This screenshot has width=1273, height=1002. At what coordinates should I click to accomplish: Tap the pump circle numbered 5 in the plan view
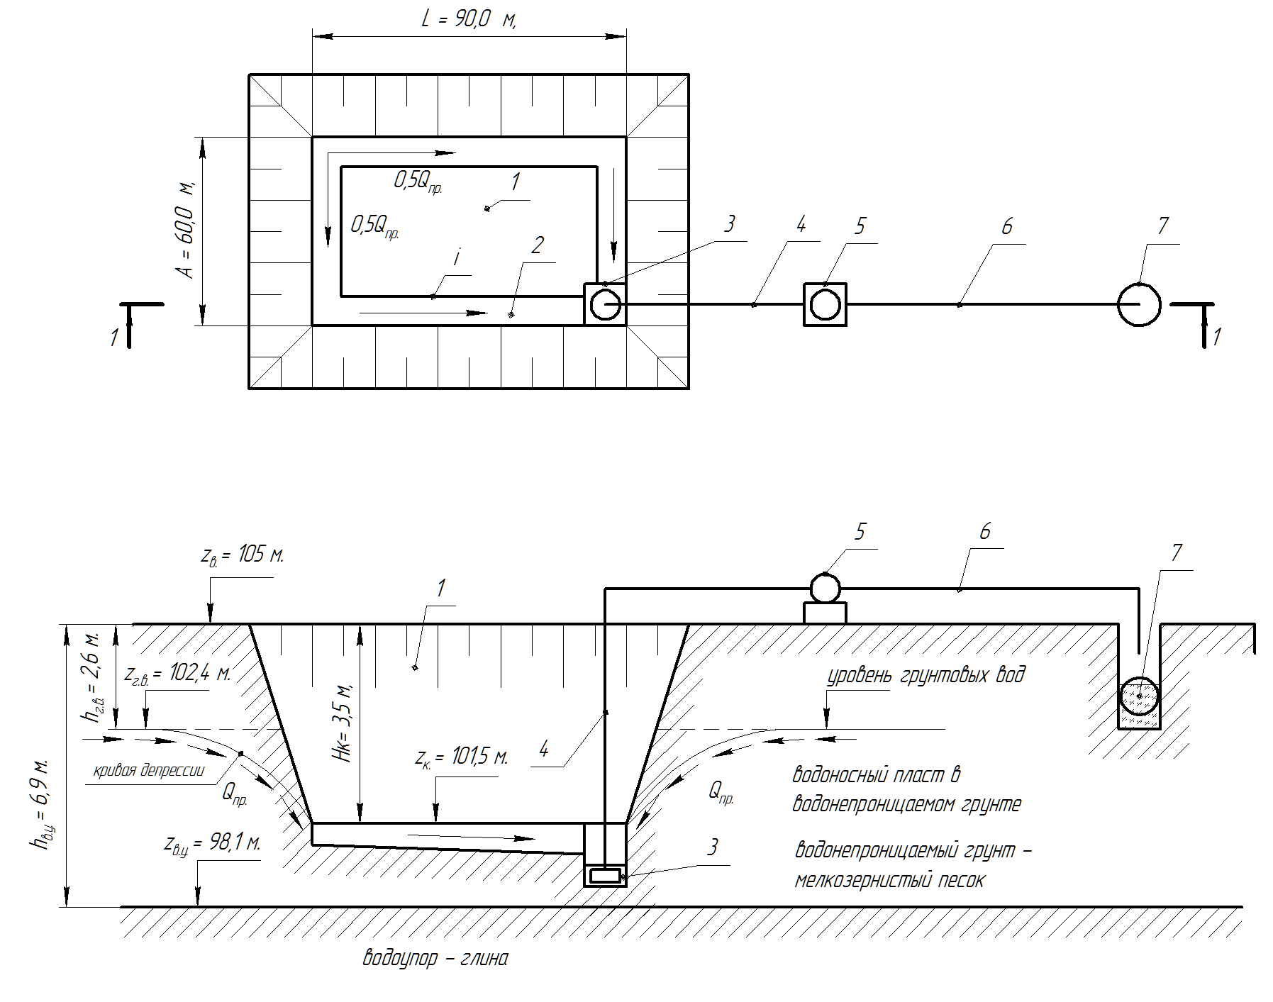point(825,304)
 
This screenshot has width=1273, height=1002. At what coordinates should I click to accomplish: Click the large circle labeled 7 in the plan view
point(1139,304)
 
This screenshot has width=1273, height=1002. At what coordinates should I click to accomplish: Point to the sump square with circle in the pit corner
point(605,304)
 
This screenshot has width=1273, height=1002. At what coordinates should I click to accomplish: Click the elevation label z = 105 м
point(242,555)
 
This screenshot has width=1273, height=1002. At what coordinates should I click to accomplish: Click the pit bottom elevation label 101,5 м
point(462,757)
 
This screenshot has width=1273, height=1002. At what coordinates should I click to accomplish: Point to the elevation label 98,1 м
point(212,843)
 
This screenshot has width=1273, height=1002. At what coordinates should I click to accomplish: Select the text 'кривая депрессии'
point(149,771)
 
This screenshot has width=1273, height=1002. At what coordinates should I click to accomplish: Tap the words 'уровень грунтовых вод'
point(926,674)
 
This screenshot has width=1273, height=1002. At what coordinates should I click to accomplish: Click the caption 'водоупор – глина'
point(435,959)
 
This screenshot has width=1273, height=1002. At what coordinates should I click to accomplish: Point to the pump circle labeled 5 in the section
point(825,588)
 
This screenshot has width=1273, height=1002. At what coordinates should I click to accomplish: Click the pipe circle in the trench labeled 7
point(1139,696)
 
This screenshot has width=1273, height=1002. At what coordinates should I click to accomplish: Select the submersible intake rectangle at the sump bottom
point(605,876)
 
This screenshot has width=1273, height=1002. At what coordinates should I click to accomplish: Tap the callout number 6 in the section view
point(984,531)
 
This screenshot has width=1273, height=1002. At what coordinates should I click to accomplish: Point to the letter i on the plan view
point(457,259)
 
